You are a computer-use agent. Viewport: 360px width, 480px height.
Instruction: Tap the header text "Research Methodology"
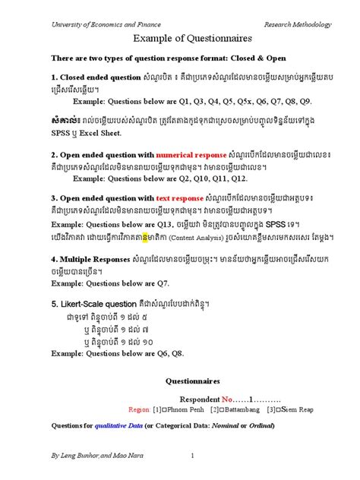pos(297,24)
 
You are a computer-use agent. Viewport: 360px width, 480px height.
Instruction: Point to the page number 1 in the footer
pos(193,455)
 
